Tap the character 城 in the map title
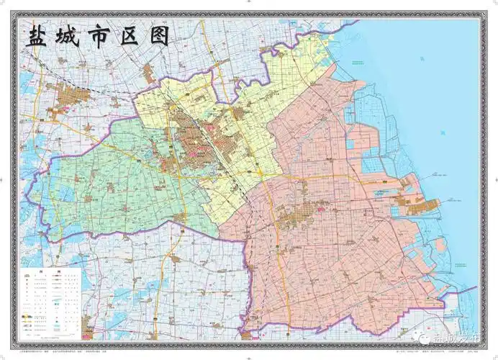71,37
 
